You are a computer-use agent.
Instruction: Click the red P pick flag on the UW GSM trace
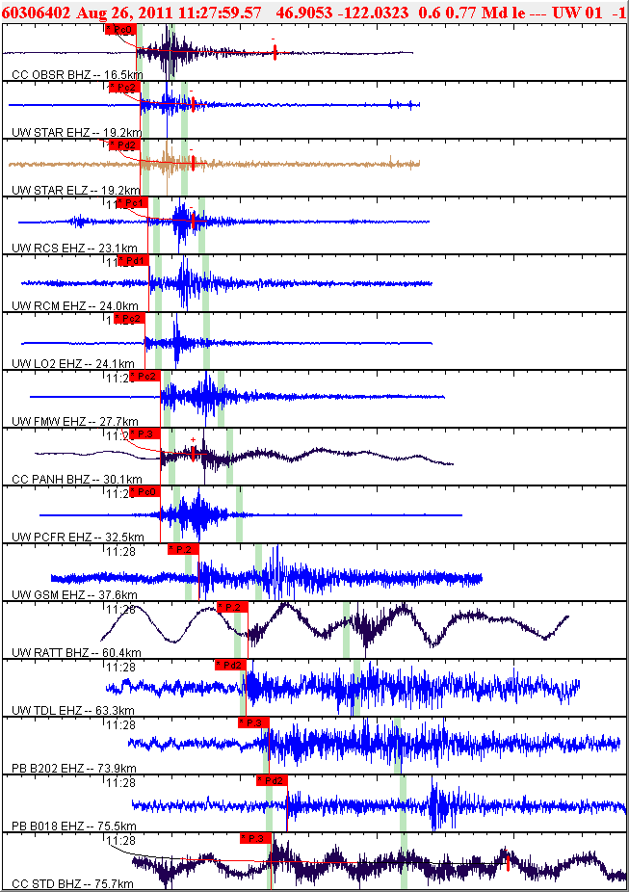click(x=183, y=549)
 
